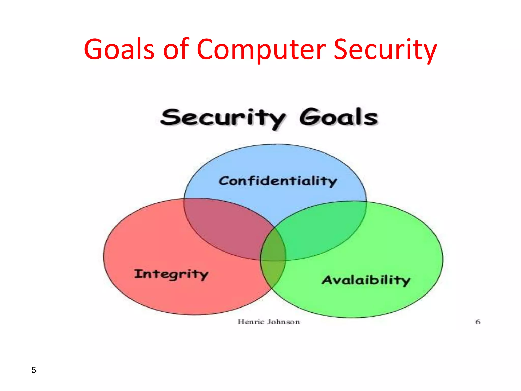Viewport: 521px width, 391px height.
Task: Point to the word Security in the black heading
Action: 223,118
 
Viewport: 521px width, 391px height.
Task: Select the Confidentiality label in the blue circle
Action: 278,181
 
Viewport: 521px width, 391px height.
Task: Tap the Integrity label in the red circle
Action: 171,274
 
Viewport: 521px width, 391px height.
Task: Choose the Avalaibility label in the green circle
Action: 366,280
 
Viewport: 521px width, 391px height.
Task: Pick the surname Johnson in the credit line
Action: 283,322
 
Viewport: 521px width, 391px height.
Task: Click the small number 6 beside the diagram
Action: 478,322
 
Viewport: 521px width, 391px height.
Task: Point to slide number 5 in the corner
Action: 34,370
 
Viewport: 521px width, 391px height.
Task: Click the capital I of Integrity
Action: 138,274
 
